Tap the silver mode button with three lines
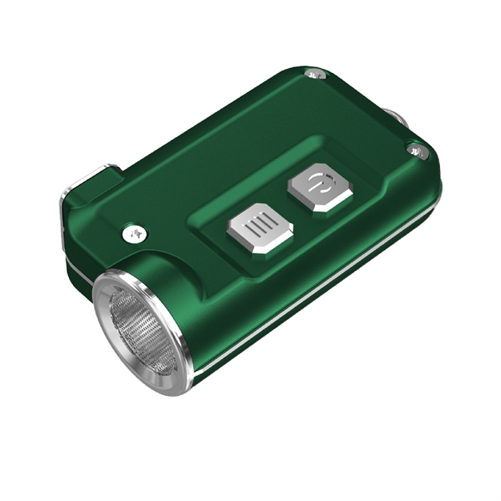(258, 230)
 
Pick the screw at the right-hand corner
(415, 149)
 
